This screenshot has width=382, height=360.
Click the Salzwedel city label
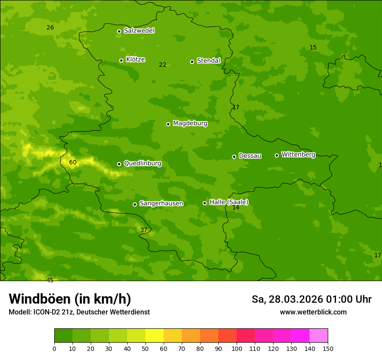139,31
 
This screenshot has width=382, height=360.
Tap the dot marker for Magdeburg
168,124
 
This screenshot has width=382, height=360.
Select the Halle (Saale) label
229,202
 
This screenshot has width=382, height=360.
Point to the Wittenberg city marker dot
277,155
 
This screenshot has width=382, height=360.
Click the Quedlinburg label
142,164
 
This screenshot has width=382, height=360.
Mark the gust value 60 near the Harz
72,162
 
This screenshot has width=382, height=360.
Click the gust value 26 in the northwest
50,27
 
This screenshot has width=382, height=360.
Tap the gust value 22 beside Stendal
162,65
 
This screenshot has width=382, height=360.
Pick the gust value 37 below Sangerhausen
144,230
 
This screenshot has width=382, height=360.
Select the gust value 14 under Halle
236,208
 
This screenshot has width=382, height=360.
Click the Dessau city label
250,156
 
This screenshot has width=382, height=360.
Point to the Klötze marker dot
122,60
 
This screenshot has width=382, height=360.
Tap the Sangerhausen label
161,203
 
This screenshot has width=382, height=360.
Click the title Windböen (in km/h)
70,299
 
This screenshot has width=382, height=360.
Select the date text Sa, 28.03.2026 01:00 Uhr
311,299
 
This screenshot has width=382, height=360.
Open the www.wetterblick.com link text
313,312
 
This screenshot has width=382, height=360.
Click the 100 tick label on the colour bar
237,348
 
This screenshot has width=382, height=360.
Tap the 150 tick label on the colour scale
328,348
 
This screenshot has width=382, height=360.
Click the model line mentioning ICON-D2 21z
79,312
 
